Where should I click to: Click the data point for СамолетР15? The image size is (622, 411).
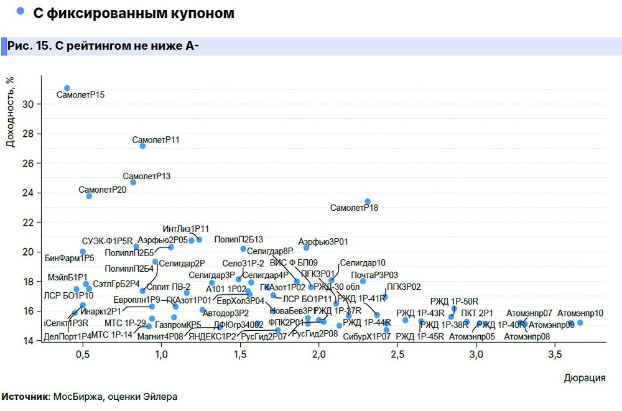[x=67, y=88]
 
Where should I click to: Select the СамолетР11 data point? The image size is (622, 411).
[x=142, y=145]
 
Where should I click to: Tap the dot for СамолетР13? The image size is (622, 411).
[x=133, y=182]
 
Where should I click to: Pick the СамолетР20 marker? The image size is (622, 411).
[x=89, y=196]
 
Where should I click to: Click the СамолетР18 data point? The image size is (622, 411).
[x=368, y=201]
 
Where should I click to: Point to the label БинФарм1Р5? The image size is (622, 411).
[x=70, y=257]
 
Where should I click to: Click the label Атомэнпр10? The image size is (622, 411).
[x=580, y=313]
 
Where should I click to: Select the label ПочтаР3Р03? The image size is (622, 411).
[x=374, y=275]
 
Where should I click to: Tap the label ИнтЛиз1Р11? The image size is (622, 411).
[x=186, y=229]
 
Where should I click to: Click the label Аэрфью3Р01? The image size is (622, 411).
[x=323, y=241]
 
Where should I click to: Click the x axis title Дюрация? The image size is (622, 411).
[x=584, y=378]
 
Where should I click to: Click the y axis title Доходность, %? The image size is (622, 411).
[x=11, y=113]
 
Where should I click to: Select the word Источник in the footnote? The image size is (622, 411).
[x=26, y=396]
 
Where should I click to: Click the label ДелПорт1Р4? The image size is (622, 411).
[x=68, y=336]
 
